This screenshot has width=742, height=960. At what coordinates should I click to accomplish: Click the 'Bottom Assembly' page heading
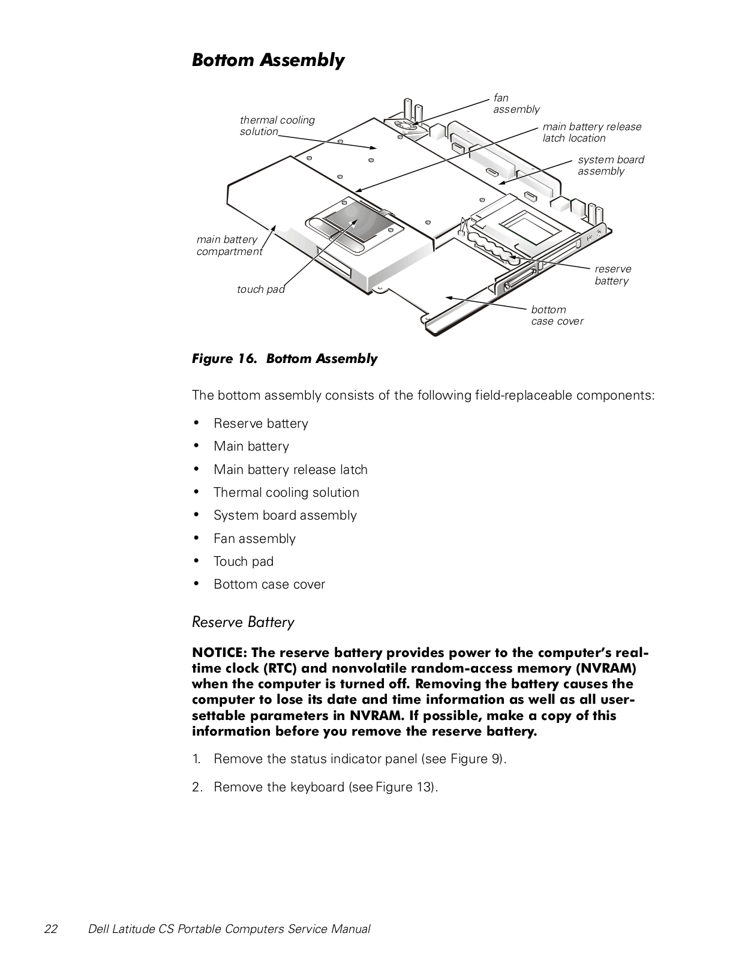point(268,60)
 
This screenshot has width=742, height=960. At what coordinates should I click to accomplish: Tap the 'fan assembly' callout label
point(516,103)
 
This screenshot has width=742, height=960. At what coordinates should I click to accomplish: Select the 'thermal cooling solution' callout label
point(277,125)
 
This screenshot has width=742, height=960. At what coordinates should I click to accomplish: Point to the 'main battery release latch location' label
point(591,132)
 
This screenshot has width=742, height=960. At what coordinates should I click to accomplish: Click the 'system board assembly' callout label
point(611,165)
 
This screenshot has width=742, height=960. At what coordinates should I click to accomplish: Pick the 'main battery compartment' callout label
point(229,245)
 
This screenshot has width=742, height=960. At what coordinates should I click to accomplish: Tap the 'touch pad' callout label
point(260,289)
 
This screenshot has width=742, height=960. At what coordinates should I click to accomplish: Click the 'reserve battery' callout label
point(612,275)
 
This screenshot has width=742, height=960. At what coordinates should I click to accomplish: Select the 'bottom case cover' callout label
point(557,315)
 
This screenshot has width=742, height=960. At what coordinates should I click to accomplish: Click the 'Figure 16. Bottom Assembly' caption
point(284,359)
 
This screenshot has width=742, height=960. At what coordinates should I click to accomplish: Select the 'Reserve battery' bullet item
point(261,424)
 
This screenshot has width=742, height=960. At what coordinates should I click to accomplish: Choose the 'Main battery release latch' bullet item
point(290,470)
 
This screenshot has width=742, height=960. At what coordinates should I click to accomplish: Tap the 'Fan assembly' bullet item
point(254,539)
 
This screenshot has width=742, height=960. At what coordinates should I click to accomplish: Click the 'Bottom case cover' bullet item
point(269,584)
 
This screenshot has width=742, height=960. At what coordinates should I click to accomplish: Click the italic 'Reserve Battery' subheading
point(243,622)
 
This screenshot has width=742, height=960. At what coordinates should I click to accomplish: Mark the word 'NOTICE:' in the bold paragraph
point(218,653)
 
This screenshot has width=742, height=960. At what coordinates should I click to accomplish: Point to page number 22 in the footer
point(51,929)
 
